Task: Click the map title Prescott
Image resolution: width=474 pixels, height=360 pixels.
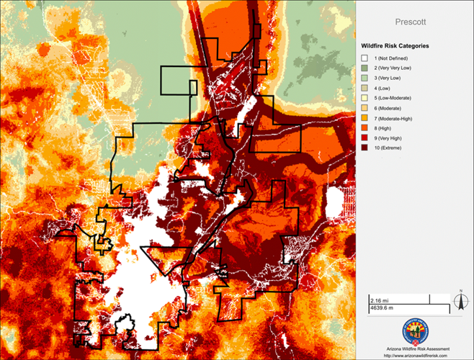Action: [x=415, y=22]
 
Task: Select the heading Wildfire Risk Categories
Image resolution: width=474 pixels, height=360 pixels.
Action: [x=395, y=45]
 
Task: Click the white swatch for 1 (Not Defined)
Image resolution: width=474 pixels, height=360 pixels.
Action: [x=365, y=58]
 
